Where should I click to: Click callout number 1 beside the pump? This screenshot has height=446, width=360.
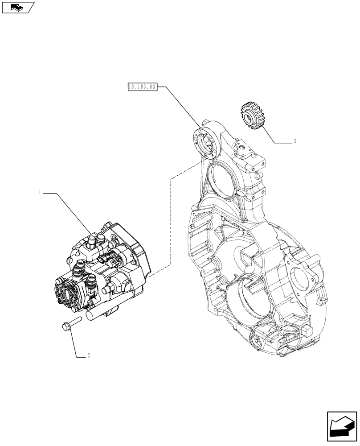click(x=40, y=192)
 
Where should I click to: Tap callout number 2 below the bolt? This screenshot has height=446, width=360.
click(x=89, y=355)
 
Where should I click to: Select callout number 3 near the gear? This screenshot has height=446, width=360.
click(x=295, y=142)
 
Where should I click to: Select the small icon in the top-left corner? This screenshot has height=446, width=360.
click(x=17, y=7)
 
